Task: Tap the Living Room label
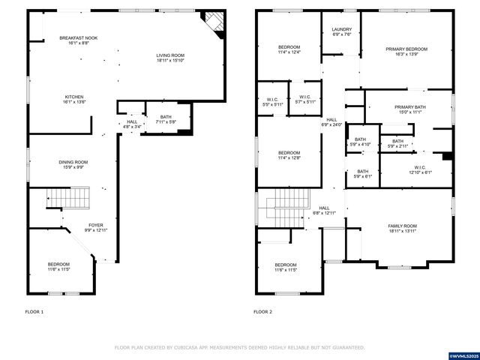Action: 170,55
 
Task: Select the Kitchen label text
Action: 74,97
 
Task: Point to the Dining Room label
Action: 73,162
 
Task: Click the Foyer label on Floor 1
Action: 96,224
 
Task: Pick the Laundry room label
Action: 342,29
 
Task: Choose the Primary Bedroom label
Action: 406,49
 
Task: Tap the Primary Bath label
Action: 409,107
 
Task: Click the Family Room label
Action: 402,226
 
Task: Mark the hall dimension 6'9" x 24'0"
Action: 331,124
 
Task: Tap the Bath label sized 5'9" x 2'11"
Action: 397,145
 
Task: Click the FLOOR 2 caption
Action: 262,311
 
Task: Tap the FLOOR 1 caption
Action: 34,311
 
